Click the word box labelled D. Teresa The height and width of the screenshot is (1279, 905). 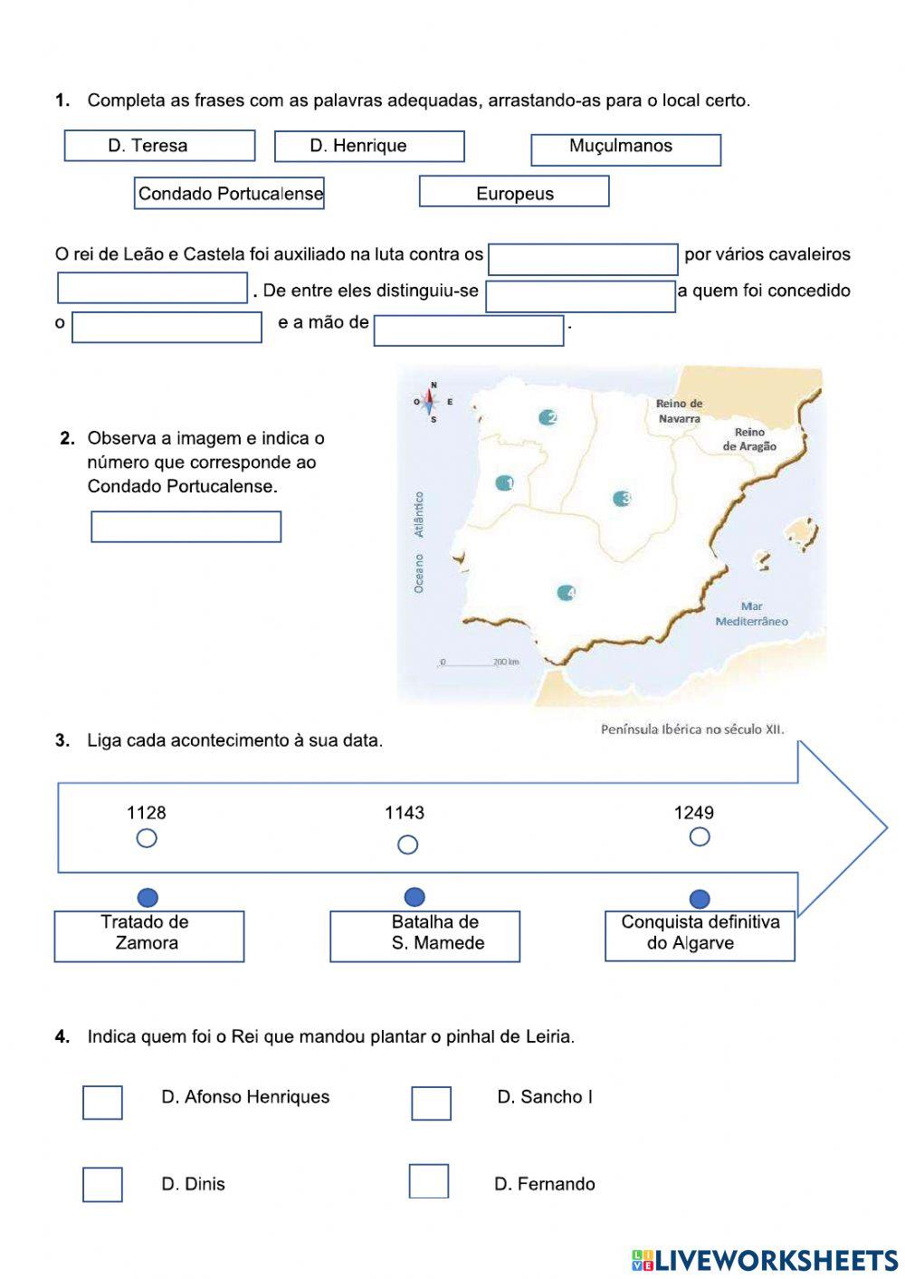click(159, 146)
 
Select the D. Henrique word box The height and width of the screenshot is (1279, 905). click(369, 146)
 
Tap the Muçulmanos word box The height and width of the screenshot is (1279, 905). click(625, 149)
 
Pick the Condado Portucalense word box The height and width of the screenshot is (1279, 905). click(229, 194)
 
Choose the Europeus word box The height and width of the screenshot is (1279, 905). click(514, 192)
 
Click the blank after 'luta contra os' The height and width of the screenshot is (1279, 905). click(583, 259)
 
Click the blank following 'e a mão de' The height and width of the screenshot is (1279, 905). click(469, 330)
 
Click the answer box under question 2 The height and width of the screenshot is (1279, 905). click(186, 527)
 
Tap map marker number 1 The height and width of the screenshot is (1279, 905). click(504, 483)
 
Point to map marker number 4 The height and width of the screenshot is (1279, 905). click(567, 593)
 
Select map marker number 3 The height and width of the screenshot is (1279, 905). click(621, 499)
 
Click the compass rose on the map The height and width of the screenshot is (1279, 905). click(432, 401)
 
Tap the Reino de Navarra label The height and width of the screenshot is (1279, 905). click(679, 411)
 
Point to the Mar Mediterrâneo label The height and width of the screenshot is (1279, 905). click(751, 614)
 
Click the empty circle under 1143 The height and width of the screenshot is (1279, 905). click(408, 845)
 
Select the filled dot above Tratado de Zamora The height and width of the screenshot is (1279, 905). click(148, 897)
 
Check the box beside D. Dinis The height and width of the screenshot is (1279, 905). click(102, 1184)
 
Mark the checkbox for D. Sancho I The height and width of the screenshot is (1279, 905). click(431, 1103)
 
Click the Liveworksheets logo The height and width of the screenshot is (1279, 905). click(765, 1259)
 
